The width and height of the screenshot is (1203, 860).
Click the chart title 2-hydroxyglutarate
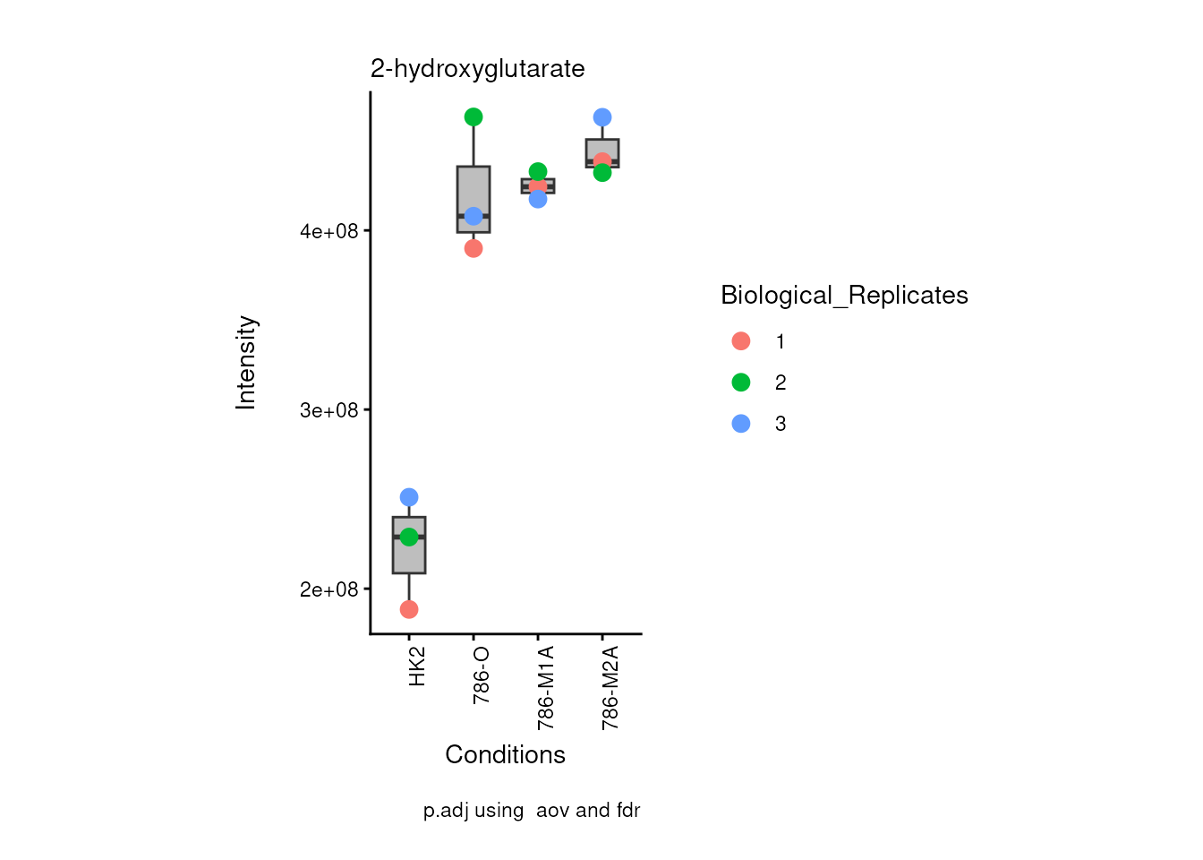tap(477, 69)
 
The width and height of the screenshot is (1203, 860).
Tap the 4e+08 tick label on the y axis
tap(328, 232)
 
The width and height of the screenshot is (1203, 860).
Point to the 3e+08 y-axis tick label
tap(328, 411)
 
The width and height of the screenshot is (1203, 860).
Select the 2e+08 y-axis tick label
tap(328, 590)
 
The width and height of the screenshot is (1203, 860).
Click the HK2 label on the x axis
tap(417, 667)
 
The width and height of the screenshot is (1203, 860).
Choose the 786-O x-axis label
tap(482, 675)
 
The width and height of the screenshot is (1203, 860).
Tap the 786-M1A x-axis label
tap(546, 687)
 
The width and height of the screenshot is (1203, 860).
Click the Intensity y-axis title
tap(246, 363)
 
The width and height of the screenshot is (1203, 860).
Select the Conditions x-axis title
tap(505, 755)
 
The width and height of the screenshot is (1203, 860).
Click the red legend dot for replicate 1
tap(741, 341)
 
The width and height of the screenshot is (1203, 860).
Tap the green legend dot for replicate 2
tap(741, 383)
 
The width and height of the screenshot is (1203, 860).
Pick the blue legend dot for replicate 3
tap(741, 424)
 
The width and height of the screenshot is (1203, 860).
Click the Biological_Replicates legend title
tap(844, 296)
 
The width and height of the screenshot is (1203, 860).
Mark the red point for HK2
tap(409, 610)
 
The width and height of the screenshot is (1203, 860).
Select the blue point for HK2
tap(409, 497)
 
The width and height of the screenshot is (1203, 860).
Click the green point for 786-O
tap(474, 117)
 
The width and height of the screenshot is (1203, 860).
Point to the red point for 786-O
tap(474, 249)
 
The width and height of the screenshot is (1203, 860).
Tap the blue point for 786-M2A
tap(602, 117)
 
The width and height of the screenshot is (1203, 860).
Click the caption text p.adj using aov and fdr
tap(532, 811)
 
